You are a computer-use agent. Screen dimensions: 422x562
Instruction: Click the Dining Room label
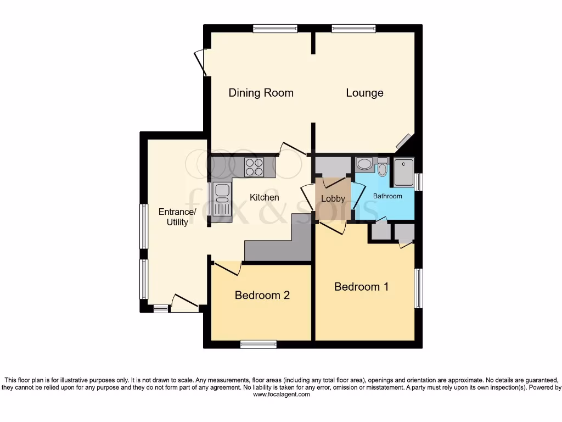261,93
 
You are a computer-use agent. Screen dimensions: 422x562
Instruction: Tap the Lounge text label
364,93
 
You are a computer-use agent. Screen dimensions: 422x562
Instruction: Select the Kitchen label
265,197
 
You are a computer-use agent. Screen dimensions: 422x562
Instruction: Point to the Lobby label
333,199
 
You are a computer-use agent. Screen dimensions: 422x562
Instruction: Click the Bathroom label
387,196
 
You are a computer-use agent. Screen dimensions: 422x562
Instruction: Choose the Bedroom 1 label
361,287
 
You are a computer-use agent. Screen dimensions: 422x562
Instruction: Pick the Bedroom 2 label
262,295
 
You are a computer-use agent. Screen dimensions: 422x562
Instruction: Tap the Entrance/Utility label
177,217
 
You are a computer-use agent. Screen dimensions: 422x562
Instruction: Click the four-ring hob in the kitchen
254,166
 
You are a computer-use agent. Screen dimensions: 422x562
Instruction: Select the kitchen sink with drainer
223,199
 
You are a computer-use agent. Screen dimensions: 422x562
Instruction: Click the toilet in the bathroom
383,167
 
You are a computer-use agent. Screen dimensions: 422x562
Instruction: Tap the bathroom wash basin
364,164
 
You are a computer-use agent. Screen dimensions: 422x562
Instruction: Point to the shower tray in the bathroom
403,171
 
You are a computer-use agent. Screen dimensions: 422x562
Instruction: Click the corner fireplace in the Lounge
405,142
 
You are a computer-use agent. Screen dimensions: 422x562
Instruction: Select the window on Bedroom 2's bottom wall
257,345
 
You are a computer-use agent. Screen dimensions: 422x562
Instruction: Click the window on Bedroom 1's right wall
418,288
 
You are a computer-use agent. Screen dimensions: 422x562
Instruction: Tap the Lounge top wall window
353,28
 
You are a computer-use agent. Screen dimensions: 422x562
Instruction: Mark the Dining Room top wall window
275,28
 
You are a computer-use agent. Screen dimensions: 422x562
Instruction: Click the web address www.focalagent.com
281,395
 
